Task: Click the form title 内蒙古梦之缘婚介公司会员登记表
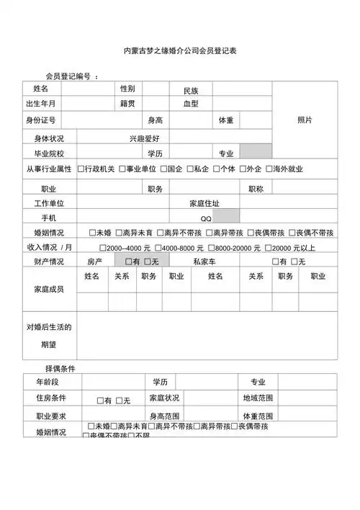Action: pos(180,52)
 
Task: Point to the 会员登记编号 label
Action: pos(68,77)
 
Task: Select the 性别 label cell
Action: pos(127,89)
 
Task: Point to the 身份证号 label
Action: pos(42,120)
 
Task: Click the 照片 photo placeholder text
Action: pos(305,120)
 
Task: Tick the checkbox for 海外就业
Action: pos(269,169)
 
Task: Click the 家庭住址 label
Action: pos(205,203)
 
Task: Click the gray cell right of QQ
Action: pos(227,217)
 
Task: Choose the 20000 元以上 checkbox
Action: pos(268,247)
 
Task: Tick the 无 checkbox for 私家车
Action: pos(293,261)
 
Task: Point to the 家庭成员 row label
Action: pos(49,289)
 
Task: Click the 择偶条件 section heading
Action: pos(60,368)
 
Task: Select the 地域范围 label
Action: pos(258,398)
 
